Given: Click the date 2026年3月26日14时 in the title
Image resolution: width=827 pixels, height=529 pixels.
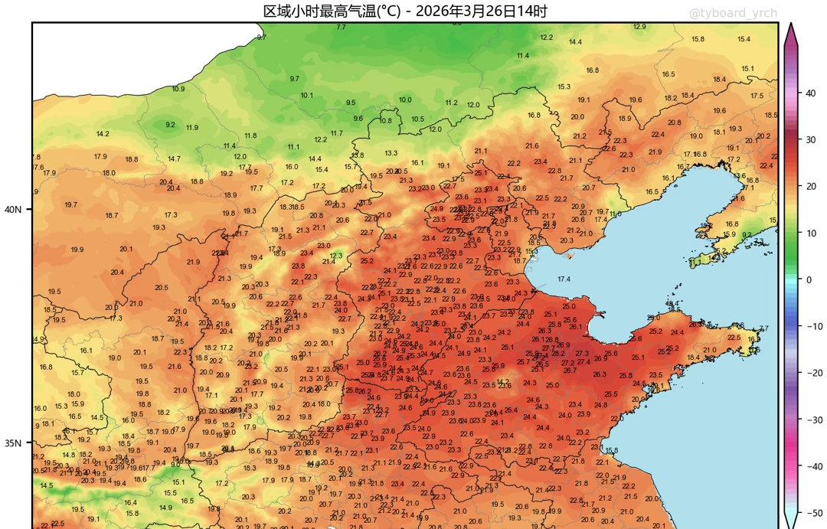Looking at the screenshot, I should click(482, 11).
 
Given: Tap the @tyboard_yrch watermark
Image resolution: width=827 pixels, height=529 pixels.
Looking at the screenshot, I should click(733, 13).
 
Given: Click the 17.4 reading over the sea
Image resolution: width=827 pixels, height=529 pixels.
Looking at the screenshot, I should click(564, 279).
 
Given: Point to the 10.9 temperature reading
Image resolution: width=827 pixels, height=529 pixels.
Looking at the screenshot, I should click(178, 89).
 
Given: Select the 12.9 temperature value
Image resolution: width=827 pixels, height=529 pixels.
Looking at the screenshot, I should click(639, 27).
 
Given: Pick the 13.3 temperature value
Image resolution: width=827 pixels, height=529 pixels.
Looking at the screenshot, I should click(391, 153).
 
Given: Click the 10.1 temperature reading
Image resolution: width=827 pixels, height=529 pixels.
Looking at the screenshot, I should click(307, 96).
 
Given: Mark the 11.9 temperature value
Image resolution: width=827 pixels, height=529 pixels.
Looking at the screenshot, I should click(192, 128).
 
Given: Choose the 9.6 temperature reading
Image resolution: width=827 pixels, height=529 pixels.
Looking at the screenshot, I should click(358, 119).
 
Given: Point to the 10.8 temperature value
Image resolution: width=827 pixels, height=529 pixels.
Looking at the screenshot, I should click(386, 120).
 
